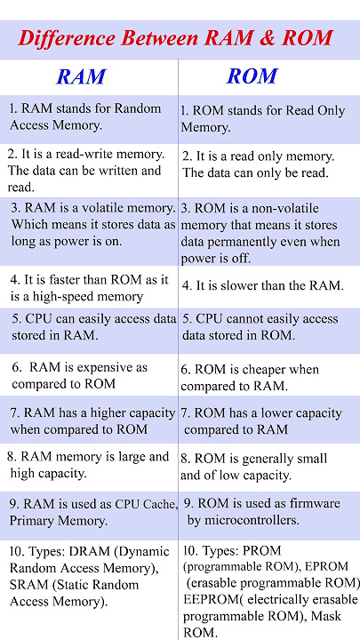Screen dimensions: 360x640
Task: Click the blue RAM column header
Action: (81, 76)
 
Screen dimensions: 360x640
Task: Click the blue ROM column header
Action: (252, 76)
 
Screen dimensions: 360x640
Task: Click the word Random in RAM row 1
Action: (138, 108)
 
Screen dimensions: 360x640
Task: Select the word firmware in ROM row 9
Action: (315, 503)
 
